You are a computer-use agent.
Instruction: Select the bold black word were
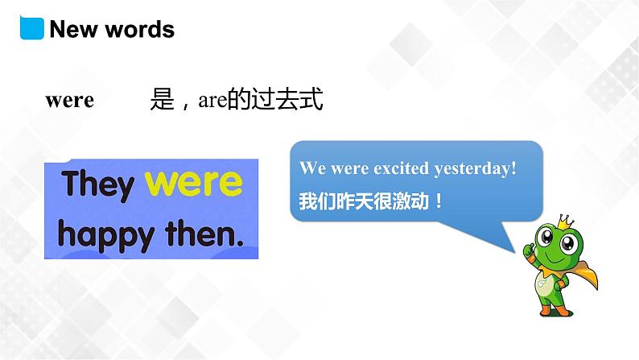70,101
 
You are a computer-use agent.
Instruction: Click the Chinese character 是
162,100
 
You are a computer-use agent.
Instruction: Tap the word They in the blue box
99,184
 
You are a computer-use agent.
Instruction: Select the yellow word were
194,183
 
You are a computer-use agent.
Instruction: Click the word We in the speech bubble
311,168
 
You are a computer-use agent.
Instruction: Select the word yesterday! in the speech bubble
475,169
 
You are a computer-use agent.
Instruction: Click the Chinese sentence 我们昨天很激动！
371,200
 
